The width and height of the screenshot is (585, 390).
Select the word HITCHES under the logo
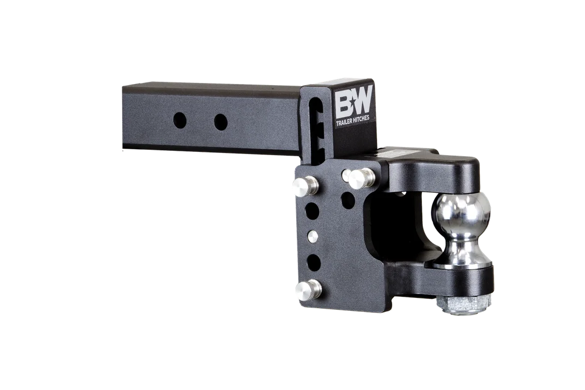[360, 118]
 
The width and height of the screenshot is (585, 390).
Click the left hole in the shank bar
[180, 120]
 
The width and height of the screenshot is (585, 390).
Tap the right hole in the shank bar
[220, 122]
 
